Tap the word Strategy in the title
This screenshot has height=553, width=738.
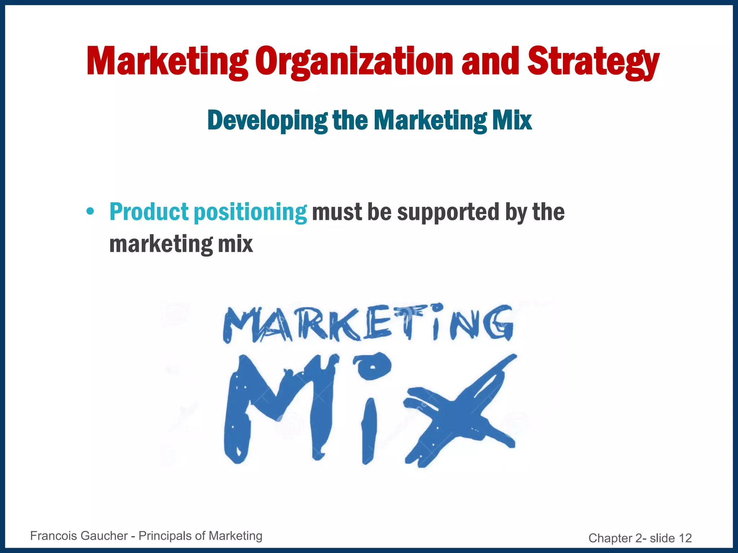click(593, 62)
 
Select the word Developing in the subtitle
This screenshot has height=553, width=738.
click(267, 121)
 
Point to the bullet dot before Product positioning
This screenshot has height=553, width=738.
click(90, 211)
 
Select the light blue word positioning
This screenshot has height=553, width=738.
click(250, 212)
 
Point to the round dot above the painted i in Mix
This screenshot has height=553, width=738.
click(372, 366)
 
